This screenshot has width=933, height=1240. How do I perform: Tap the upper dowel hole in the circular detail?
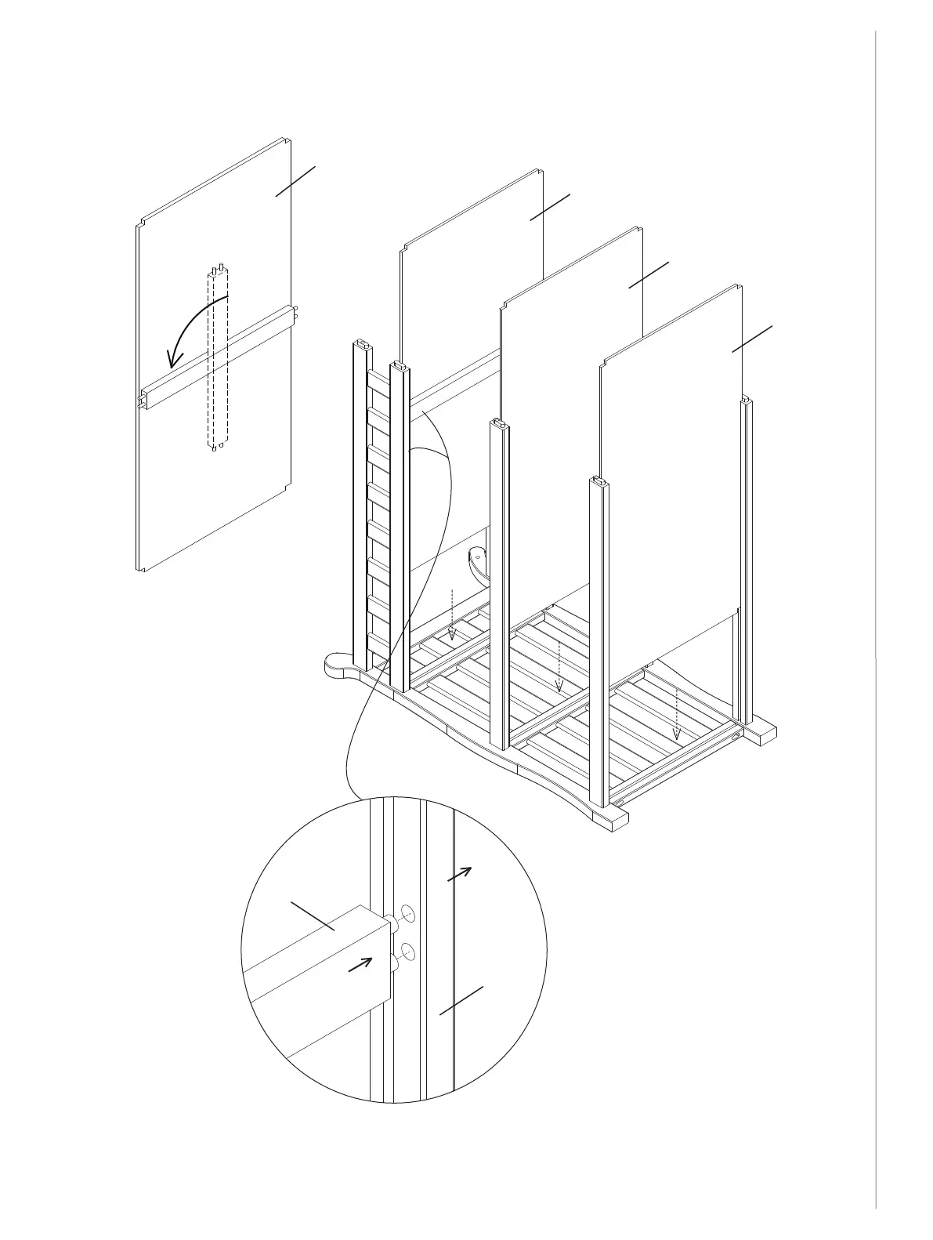[407, 912]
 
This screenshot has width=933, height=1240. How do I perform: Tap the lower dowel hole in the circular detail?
[407, 952]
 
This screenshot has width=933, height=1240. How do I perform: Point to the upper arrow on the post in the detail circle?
[460, 875]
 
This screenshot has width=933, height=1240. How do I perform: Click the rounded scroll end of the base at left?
[338, 669]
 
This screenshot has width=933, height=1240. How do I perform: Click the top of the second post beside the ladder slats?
[399, 365]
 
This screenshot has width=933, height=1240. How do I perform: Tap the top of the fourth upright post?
[599, 481]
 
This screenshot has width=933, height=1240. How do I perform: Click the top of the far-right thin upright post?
[748, 401]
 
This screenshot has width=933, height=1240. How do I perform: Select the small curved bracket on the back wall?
[477, 561]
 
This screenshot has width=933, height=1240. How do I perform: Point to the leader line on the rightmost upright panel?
[752, 339]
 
